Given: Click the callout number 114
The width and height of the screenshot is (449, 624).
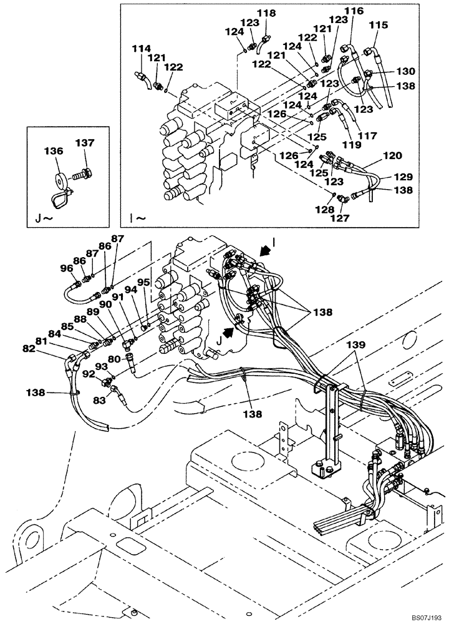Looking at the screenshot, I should [142, 48].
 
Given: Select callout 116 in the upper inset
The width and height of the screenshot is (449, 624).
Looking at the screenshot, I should [354, 11].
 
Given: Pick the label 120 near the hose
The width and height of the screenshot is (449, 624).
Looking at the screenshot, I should [392, 155].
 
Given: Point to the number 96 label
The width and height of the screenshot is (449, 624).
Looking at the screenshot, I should [66, 269].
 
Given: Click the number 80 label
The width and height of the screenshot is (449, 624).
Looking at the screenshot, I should [113, 359].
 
